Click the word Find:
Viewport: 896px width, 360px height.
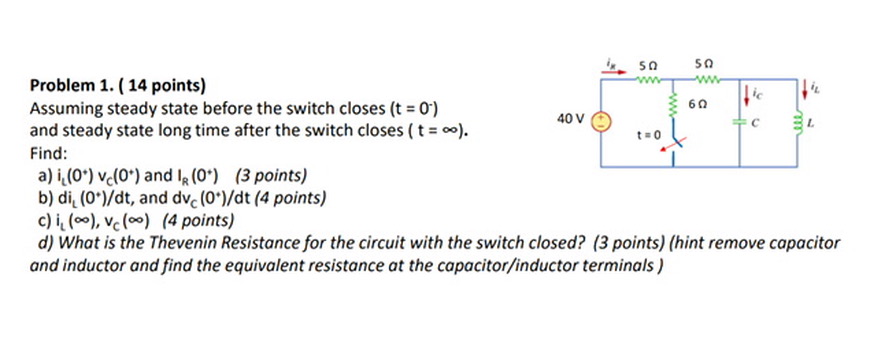pyautogui.click(x=49, y=153)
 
